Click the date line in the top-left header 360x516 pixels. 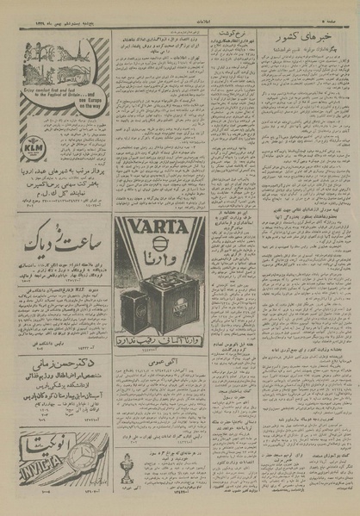coord(51,7)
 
